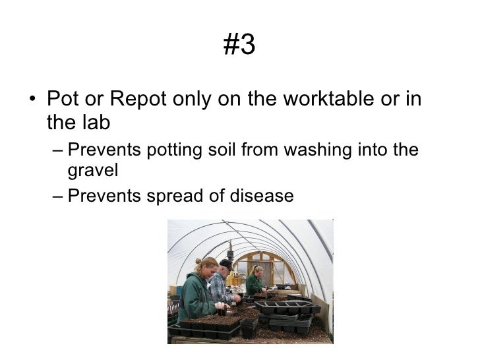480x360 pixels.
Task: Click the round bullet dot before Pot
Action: tap(32, 102)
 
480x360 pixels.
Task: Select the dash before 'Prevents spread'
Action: tap(57, 195)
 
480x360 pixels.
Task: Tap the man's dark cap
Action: tap(226, 263)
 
